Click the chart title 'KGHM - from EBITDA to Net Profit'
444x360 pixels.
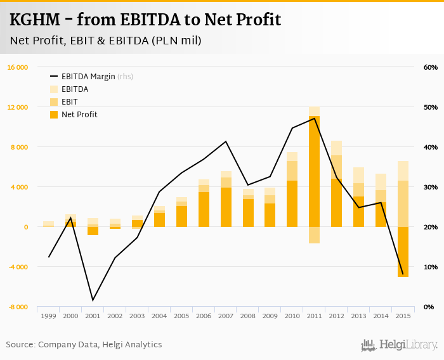click(x=145, y=20)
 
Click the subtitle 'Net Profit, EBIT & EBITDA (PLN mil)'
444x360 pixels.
click(x=105, y=41)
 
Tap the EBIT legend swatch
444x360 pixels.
click(x=54, y=102)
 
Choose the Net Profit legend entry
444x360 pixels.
click(x=79, y=115)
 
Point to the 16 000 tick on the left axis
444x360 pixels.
click(x=17, y=67)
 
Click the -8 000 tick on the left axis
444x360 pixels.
click(x=17, y=307)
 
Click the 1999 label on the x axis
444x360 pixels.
click(x=48, y=315)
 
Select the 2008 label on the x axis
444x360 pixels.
click(x=248, y=315)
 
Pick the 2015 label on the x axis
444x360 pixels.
click(x=403, y=315)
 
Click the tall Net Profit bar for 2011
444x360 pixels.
click(x=314, y=171)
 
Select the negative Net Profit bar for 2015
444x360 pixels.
click(x=403, y=252)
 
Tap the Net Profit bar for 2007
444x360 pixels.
click(x=226, y=207)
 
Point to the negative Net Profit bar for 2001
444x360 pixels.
click(x=93, y=231)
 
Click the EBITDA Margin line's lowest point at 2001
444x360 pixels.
click(x=93, y=300)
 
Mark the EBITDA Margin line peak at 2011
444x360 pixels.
click(x=314, y=119)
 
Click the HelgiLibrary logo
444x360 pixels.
click(x=399, y=345)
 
